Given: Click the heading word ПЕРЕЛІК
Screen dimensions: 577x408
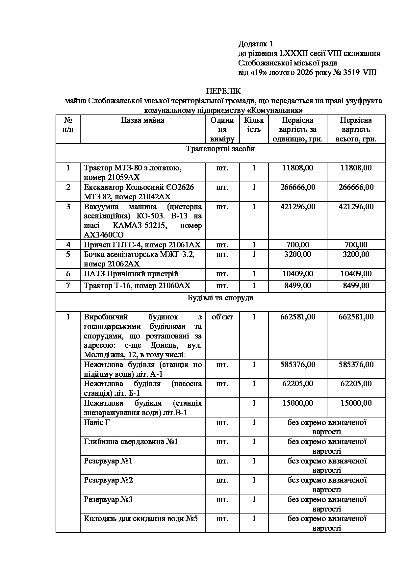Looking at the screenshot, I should (223, 91).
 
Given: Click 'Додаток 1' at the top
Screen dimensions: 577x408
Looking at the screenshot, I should (256, 44).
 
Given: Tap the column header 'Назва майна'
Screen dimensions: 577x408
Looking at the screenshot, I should (142, 120).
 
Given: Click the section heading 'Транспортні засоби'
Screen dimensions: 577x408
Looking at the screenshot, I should (220, 149).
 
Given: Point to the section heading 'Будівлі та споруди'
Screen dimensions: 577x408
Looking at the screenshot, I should (220, 298).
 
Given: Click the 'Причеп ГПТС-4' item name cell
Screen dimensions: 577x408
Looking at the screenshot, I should (142, 245).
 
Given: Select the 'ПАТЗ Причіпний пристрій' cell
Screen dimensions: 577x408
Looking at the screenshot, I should (131, 274).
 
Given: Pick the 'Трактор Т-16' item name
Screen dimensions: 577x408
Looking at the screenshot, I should (137, 286).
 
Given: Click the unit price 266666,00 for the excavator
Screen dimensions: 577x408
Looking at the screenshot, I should (297, 187).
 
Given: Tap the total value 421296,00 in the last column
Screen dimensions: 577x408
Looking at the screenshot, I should (356, 207).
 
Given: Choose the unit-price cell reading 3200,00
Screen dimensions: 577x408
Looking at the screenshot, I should (297, 254).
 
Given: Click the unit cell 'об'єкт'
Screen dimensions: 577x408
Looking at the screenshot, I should (222, 317).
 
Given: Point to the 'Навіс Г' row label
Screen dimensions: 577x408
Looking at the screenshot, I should (97, 422).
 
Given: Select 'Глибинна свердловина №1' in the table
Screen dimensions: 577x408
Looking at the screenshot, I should (131, 441).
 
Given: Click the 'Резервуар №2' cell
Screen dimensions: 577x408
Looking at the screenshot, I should (108, 480).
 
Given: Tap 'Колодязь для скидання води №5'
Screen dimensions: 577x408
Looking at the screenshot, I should (140, 519).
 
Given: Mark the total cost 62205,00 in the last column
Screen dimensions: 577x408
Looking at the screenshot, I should (356, 384).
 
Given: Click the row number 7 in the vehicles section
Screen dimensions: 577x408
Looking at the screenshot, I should (68, 286).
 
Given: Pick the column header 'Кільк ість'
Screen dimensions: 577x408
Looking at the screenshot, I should (254, 125).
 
